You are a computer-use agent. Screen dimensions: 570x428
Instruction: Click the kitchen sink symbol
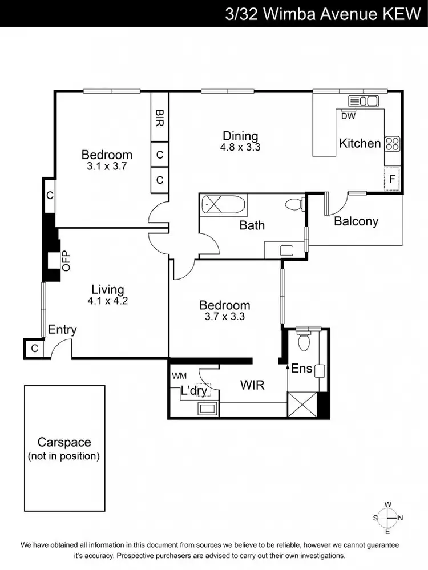click(x=364, y=102)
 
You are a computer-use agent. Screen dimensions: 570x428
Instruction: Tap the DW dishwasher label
click(x=348, y=116)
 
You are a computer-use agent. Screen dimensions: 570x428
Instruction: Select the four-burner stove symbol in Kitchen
click(x=392, y=143)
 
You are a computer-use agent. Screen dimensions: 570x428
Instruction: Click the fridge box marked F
click(x=392, y=179)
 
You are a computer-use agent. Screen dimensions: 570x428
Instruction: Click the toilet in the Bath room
click(x=293, y=205)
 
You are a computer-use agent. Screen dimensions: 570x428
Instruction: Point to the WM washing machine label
click(x=179, y=375)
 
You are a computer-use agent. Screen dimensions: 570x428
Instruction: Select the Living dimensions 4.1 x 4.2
click(x=108, y=301)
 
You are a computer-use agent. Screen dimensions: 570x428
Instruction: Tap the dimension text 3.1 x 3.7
click(x=107, y=167)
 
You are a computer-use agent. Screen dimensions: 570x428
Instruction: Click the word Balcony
click(x=356, y=221)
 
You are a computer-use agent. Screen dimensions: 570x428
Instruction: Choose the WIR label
click(x=252, y=385)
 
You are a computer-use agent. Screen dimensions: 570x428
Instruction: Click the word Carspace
click(x=64, y=442)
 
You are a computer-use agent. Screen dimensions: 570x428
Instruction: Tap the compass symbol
click(x=387, y=518)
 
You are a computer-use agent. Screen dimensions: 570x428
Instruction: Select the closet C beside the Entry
click(x=34, y=348)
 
